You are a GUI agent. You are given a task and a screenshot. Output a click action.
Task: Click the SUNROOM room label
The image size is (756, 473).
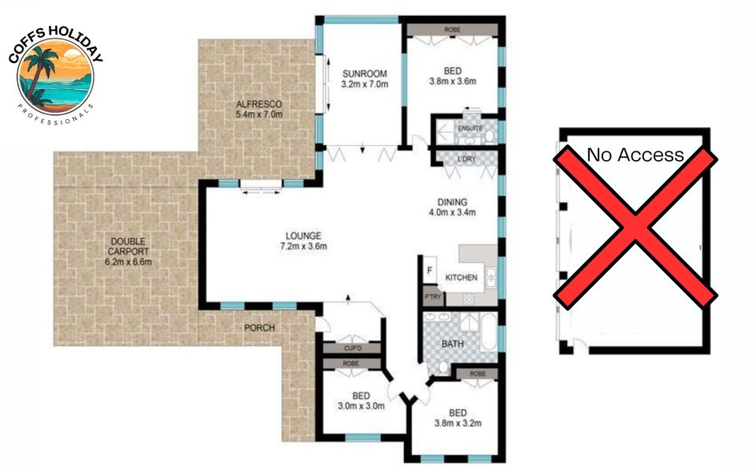click(x=365, y=74)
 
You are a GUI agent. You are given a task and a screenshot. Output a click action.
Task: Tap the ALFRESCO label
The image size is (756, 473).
click(x=259, y=104)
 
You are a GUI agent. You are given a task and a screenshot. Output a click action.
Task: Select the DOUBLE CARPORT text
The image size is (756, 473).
click(x=128, y=246)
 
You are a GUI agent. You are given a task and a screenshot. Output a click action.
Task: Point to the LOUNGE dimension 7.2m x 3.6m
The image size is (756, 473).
click(x=304, y=246)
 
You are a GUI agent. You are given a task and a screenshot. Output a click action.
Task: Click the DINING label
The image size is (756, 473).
click(x=452, y=203)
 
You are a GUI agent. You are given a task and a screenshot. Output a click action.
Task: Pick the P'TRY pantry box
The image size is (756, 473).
click(x=433, y=297)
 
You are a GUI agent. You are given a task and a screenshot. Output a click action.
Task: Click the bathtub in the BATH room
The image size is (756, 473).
click(x=488, y=332)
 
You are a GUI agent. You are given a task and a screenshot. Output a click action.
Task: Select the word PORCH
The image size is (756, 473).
click(x=259, y=328)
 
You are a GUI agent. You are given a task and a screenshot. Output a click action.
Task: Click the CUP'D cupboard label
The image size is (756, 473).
click(x=353, y=348)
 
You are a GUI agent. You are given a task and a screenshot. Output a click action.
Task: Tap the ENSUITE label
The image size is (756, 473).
click(x=470, y=128)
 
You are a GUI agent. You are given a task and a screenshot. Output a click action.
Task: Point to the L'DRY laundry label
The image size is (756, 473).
click(x=466, y=158)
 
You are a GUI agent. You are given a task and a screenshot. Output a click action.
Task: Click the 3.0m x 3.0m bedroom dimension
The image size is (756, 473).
click(x=361, y=407)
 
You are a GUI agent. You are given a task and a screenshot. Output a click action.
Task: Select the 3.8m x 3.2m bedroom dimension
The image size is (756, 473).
click(x=458, y=423)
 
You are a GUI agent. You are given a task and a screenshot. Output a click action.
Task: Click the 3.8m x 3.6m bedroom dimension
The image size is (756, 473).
click(x=453, y=81)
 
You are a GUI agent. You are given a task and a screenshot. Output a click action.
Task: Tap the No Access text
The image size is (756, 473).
click(x=635, y=155)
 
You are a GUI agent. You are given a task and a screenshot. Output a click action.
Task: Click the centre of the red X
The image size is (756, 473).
click(x=635, y=228)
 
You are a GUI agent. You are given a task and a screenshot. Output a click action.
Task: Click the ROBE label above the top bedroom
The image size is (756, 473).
click(x=452, y=30)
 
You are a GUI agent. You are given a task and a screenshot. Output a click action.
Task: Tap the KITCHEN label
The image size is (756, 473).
click(x=461, y=277)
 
